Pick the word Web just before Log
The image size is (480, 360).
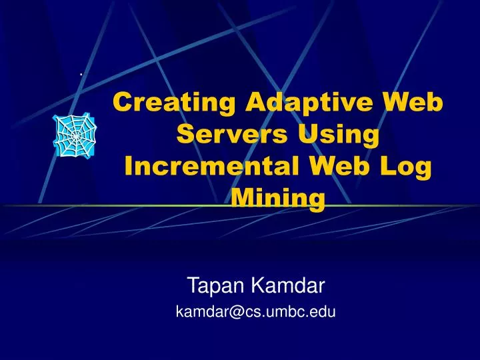pos(353,166)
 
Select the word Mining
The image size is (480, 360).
pos(278,199)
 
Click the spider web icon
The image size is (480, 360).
pos(75,135)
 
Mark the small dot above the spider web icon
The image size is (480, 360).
pos(81,74)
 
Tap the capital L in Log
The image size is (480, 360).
pos(395,166)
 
